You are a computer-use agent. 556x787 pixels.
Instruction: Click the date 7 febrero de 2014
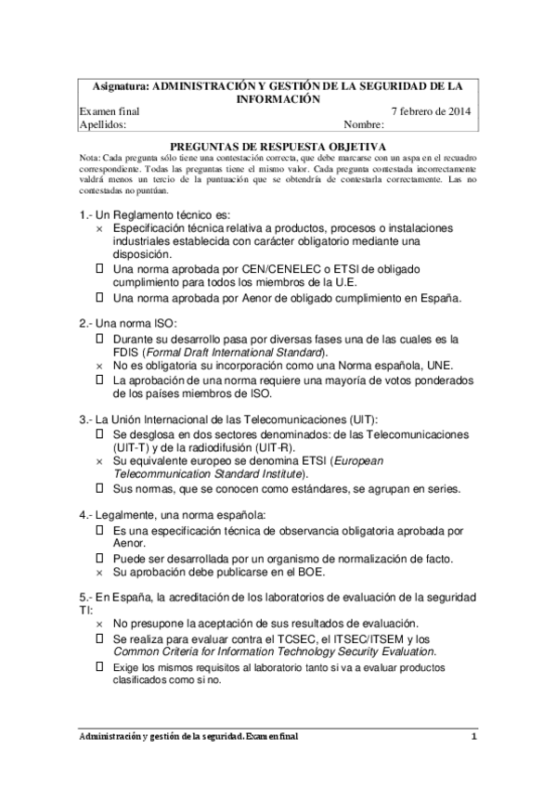tap(431, 111)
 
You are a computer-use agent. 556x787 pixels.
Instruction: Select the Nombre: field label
tap(363, 123)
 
